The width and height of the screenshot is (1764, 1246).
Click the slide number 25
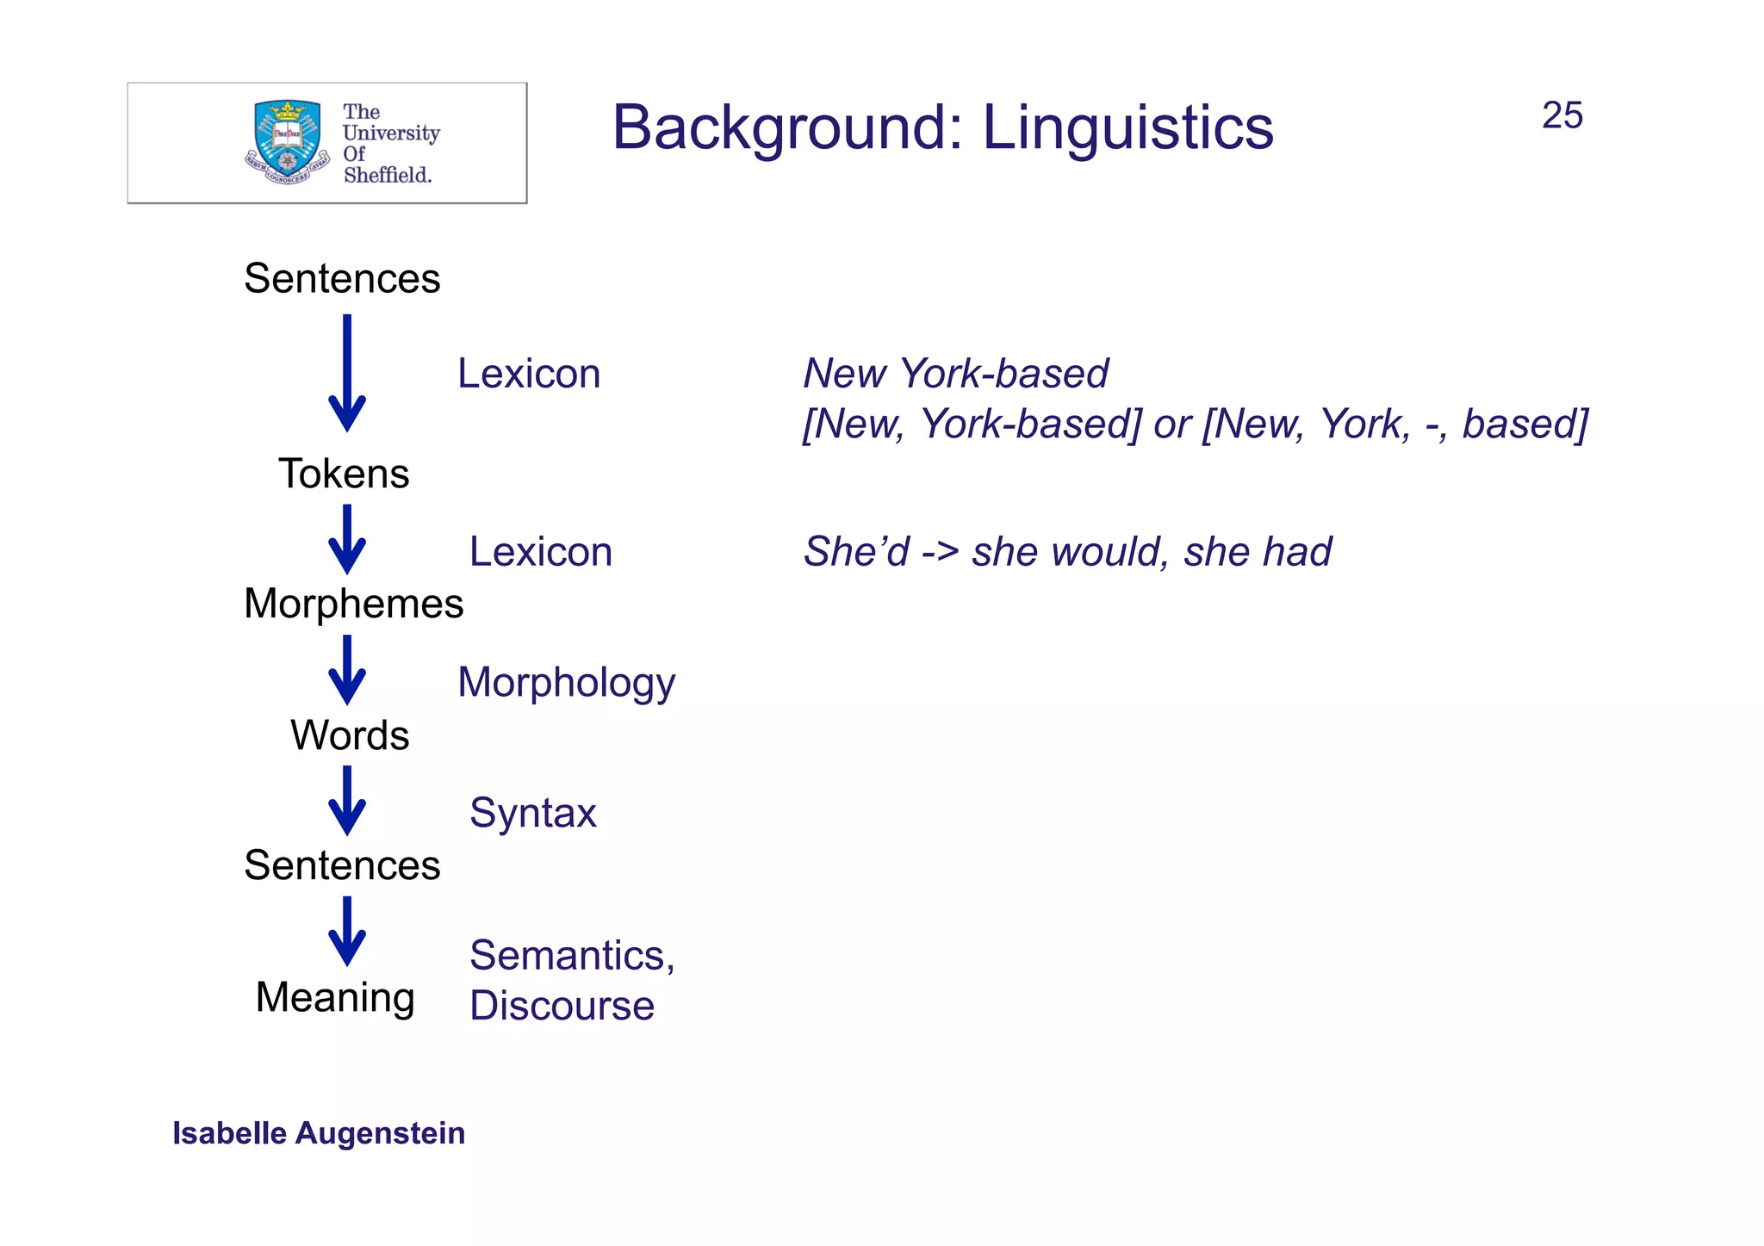coord(1562,115)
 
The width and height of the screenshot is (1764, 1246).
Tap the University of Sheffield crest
coord(287,142)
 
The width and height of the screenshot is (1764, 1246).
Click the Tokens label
coord(344,474)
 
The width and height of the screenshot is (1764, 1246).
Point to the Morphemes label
coord(353,604)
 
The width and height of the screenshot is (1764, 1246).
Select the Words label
coord(350,735)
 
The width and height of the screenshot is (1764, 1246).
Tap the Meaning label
coord(335,998)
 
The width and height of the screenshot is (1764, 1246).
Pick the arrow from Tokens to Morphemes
coord(347,539)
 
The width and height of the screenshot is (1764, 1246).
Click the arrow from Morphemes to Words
coord(347,670)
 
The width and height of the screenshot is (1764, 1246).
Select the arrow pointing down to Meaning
coord(347,932)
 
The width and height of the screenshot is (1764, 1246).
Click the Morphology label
coord(566,683)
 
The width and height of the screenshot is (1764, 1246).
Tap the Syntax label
coord(532,813)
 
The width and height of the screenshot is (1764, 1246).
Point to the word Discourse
coord(562,1006)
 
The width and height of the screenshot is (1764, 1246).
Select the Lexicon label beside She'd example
coord(540,552)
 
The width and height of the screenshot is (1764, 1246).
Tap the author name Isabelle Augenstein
coord(319,1133)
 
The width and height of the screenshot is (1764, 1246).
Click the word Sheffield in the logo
coord(388,175)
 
